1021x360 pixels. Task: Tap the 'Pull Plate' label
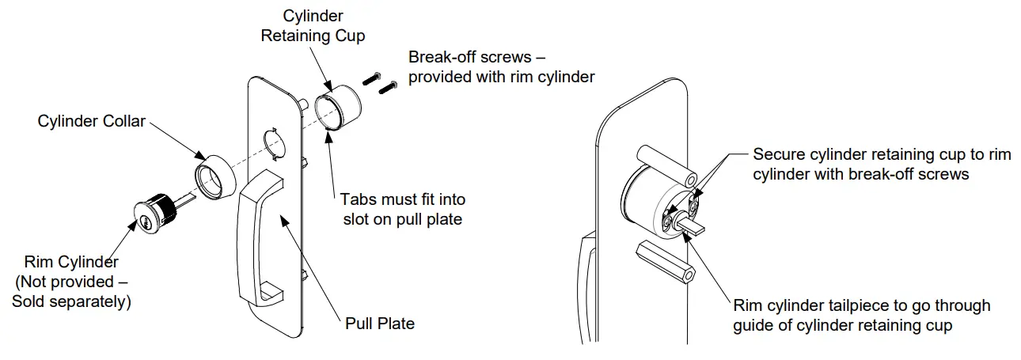pyautogui.click(x=380, y=323)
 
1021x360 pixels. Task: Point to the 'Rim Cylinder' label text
pyautogui.click(x=71, y=262)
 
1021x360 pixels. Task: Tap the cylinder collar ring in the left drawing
pyautogui.click(x=213, y=179)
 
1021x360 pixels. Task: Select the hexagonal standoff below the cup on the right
pyautogui.click(x=666, y=262)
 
